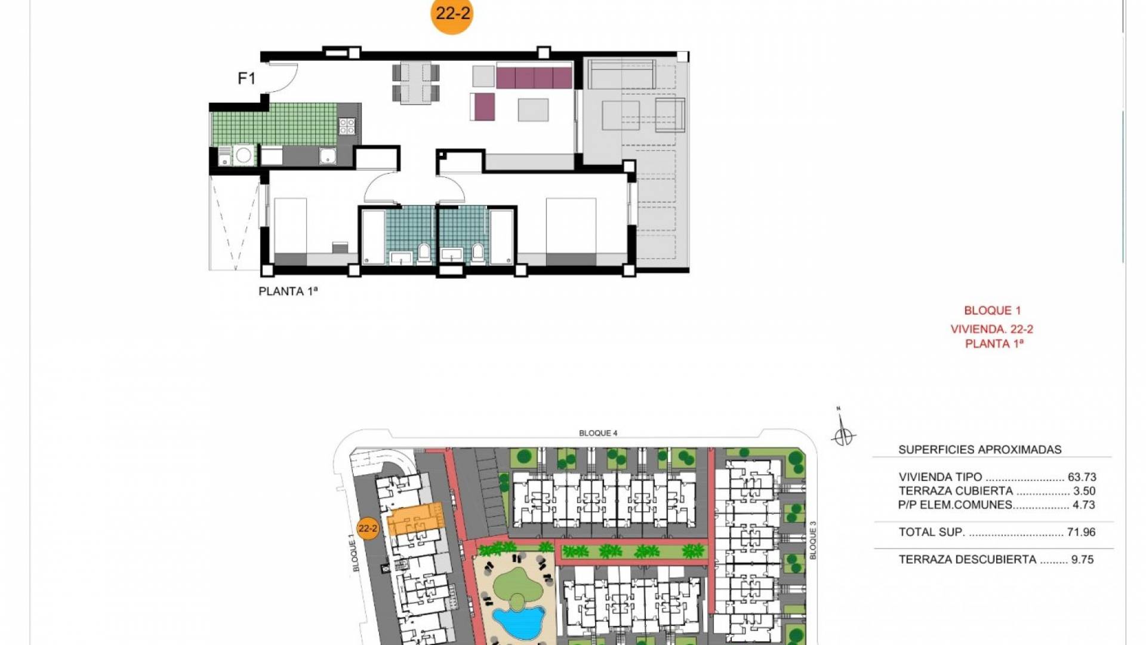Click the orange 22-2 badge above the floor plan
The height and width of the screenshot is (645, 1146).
pyautogui.click(x=452, y=14)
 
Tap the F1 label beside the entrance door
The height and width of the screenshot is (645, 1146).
pyautogui.click(x=247, y=78)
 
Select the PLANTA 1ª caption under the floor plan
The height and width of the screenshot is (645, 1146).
pyautogui.click(x=288, y=291)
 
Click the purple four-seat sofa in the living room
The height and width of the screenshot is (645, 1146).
pyautogui.click(x=534, y=78)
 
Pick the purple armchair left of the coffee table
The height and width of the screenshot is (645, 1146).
pyautogui.click(x=483, y=107)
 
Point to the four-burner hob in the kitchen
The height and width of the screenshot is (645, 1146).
pyautogui.click(x=347, y=126)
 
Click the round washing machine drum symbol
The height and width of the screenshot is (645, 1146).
pyautogui.click(x=243, y=155)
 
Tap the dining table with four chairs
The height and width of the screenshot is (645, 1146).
pyautogui.click(x=416, y=82)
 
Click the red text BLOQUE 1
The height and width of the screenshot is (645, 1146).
pyautogui.click(x=993, y=311)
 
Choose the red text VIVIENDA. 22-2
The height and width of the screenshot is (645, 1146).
pyautogui.click(x=992, y=329)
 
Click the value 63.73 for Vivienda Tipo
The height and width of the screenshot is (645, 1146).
pyautogui.click(x=1082, y=477)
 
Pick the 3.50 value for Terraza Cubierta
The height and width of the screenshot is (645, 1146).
pyautogui.click(x=1085, y=491)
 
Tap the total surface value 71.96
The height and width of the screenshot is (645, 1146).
pyautogui.click(x=1082, y=532)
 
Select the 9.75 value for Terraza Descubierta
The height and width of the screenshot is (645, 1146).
pyautogui.click(x=1083, y=560)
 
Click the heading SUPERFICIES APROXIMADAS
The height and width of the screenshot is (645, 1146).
pyautogui.click(x=980, y=450)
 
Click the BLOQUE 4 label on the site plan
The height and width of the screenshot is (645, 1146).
pyautogui.click(x=598, y=433)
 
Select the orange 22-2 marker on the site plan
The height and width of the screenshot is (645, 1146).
pyautogui.click(x=368, y=529)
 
